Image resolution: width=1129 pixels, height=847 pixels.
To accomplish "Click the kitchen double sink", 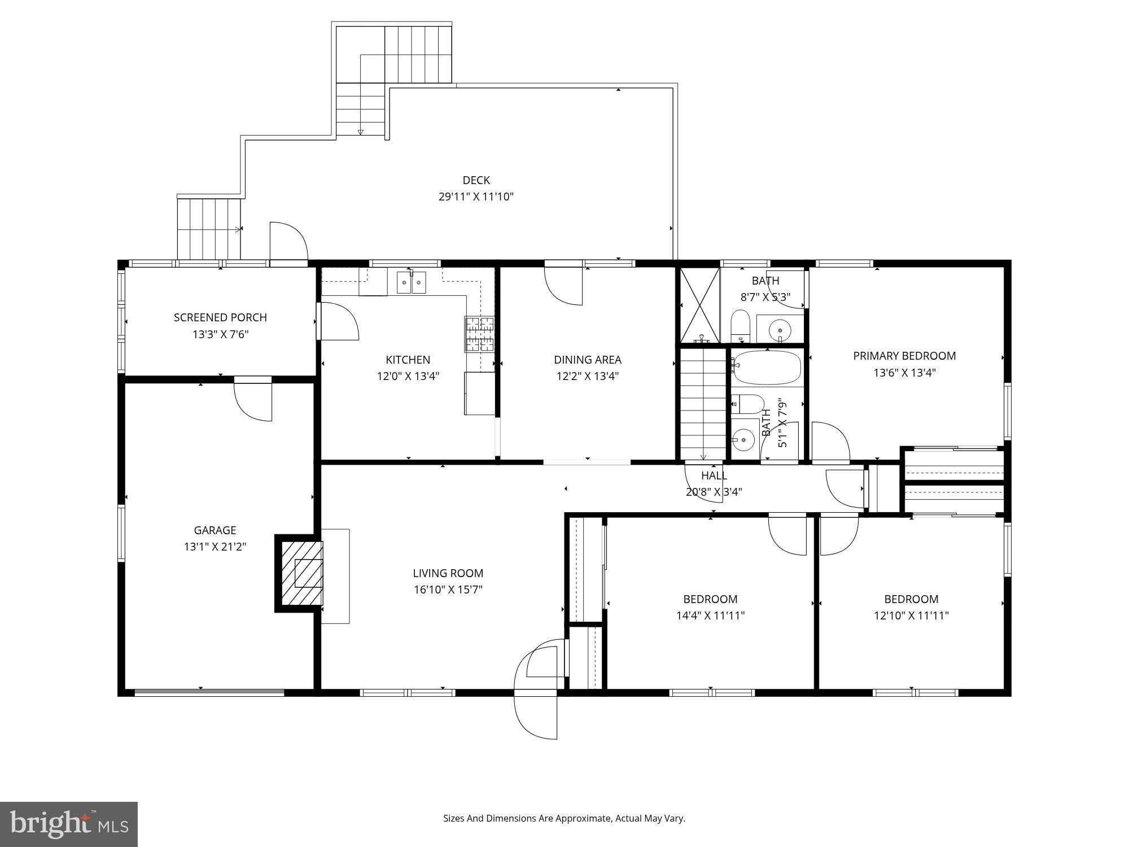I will [412, 282].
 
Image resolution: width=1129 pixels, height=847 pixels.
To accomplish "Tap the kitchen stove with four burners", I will [479, 334].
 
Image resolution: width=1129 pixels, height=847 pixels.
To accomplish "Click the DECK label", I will [476, 180].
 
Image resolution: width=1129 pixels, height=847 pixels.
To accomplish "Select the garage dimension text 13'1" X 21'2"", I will [215, 547].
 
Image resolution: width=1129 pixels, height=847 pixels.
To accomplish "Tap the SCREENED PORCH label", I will [220, 317].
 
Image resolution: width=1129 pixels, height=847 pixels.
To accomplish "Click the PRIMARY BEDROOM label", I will [904, 356].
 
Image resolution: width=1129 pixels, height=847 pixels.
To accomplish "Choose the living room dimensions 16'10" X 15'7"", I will [448, 590].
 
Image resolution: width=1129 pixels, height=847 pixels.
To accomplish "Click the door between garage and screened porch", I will [253, 400].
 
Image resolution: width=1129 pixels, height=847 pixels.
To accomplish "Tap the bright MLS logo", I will [69, 824].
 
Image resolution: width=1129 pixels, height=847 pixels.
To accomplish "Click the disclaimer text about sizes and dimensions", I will [564, 818].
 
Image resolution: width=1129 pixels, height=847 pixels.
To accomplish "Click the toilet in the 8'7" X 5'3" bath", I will [740, 326].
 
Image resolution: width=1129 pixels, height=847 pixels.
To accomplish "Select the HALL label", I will [714, 475].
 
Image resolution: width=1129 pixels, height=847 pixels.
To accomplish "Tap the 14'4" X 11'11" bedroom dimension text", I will [710, 615].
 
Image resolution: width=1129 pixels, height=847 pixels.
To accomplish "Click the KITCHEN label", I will [408, 360].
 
